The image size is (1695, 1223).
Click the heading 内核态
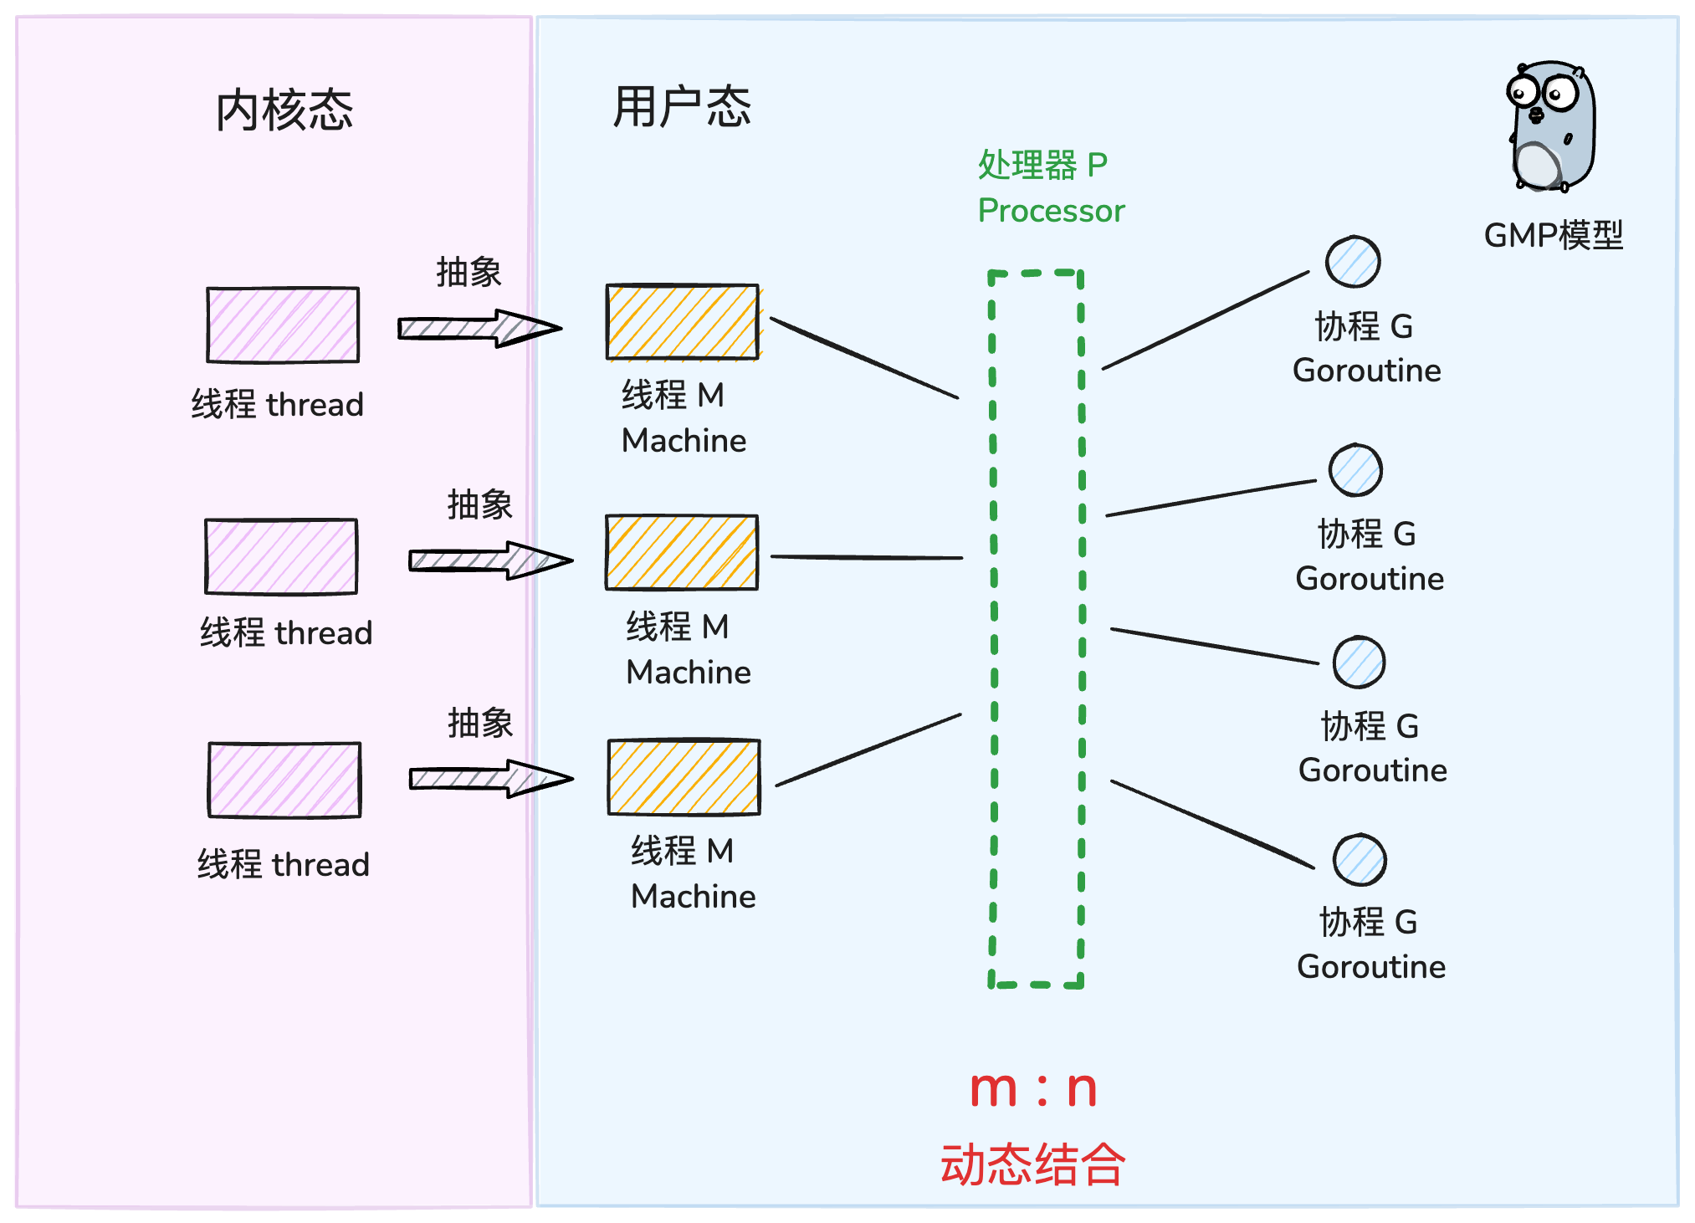(x=284, y=110)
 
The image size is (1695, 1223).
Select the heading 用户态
(x=681, y=107)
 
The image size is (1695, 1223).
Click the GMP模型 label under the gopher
(x=1553, y=236)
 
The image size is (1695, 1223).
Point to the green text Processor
(x=1051, y=211)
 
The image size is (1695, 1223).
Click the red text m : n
(x=1032, y=1089)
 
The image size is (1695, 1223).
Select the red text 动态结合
(x=1032, y=1164)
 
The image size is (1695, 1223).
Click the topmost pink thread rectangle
(x=283, y=325)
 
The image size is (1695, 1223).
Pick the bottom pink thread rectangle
(x=284, y=780)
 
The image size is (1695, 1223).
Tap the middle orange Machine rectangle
(x=682, y=553)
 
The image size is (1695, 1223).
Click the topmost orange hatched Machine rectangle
(x=683, y=322)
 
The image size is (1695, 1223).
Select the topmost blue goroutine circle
(x=1353, y=262)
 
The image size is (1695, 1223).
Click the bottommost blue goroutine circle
(x=1360, y=860)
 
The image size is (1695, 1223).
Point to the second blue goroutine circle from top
(x=1355, y=470)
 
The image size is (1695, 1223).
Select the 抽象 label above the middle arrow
(x=479, y=504)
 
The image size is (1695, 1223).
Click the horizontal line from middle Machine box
(x=866, y=557)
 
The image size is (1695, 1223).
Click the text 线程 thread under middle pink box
(x=285, y=633)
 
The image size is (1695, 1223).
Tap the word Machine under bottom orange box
(x=693, y=897)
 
